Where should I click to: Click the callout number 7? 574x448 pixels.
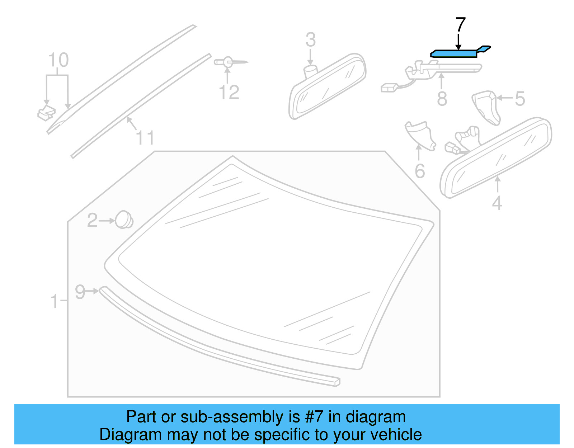tap(461, 25)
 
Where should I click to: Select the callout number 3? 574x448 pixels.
tap(311, 40)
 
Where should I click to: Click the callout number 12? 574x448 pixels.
tap(229, 93)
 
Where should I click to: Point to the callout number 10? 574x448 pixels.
tap(58, 60)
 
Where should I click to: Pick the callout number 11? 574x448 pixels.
tap(145, 138)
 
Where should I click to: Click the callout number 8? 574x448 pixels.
tap(442, 99)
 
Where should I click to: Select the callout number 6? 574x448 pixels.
tap(420, 171)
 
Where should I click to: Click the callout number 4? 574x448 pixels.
tap(497, 203)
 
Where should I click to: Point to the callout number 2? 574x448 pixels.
tap(92, 220)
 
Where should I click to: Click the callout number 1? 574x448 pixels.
tap(55, 301)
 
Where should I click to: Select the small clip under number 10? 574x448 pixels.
tap(46, 113)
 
